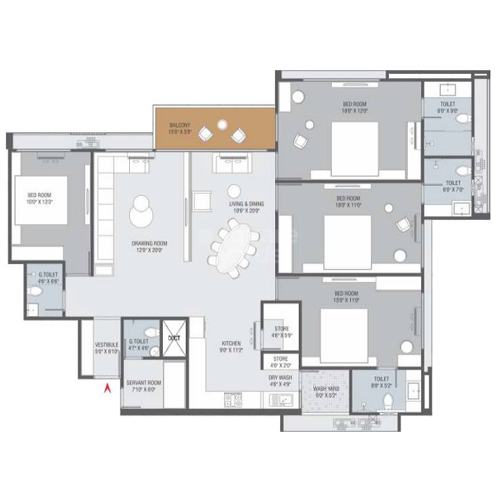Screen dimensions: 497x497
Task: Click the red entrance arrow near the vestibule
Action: tap(106, 389)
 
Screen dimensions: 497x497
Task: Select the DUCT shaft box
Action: tap(173, 337)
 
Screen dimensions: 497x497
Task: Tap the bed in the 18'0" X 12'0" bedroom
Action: tap(354, 148)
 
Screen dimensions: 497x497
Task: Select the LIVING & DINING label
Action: tap(243, 207)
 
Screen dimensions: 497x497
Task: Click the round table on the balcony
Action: tap(222, 127)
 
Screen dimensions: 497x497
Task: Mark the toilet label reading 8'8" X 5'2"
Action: tap(381, 382)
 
